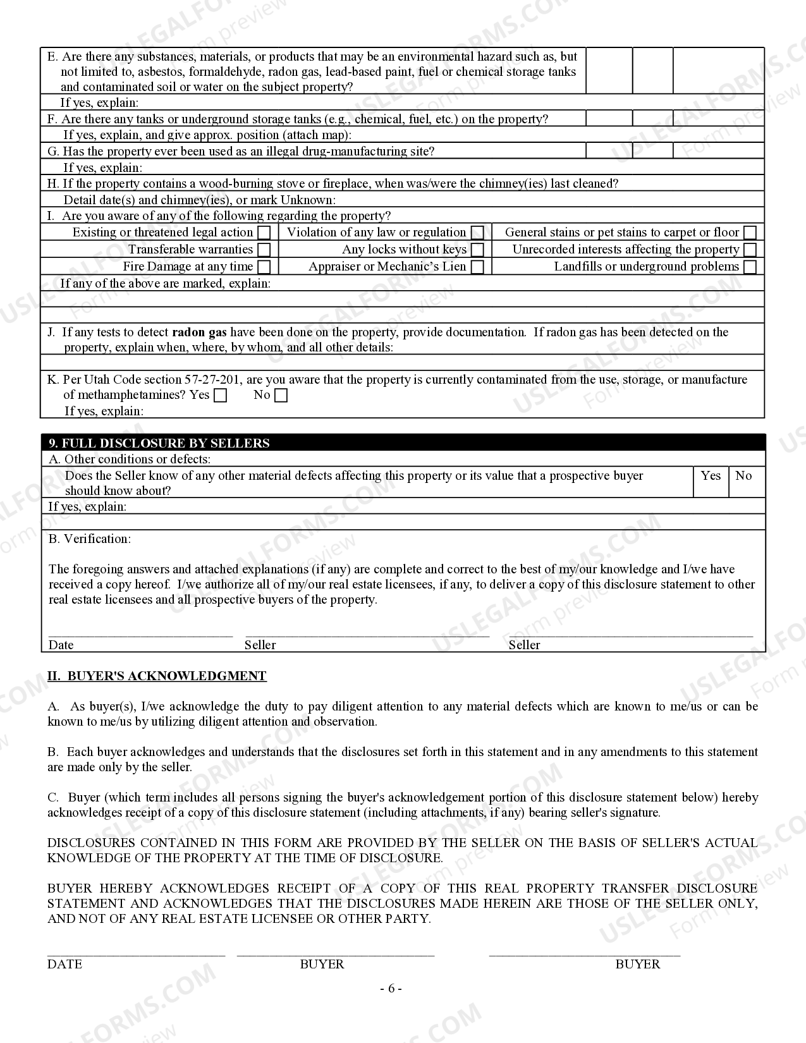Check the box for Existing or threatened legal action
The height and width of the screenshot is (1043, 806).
pyautogui.click(x=264, y=233)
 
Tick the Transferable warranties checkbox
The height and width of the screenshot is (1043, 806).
pyautogui.click(x=264, y=250)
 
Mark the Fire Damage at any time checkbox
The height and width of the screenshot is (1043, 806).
pyautogui.click(x=264, y=267)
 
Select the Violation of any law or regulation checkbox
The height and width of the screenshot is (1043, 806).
pyautogui.click(x=478, y=233)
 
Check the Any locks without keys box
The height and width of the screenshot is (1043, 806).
pyautogui.click(x=478, y=250)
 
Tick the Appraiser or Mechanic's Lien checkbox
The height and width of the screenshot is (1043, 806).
pyautogui.click(x=478, y=267)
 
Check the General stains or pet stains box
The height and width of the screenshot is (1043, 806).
pyautogui.click(x=750, y=233)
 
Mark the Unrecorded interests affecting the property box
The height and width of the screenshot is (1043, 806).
pyautogui.click(x=750, y=250)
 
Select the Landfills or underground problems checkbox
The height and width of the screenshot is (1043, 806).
pyautogui.click(x=750, y=267)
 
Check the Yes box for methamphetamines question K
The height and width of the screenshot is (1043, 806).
pyautogui.click(x=221, y=396)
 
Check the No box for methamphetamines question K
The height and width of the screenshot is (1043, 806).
pyautogui.click(x=281, y=396)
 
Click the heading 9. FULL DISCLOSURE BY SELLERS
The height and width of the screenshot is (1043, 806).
pyautogui.click(x=159, y=442)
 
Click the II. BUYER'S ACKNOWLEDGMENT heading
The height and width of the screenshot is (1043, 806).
pyautogui.click(x=157, y=676)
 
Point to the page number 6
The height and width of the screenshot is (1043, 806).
pyautogui.click(x=391, y=988)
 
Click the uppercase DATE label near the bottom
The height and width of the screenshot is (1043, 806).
pyautogui.click(x=64, y=964)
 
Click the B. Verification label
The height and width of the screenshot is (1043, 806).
pyautogui.click(x=90, y=539)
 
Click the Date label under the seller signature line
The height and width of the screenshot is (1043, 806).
pyautogui.click(x=61, y=645)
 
